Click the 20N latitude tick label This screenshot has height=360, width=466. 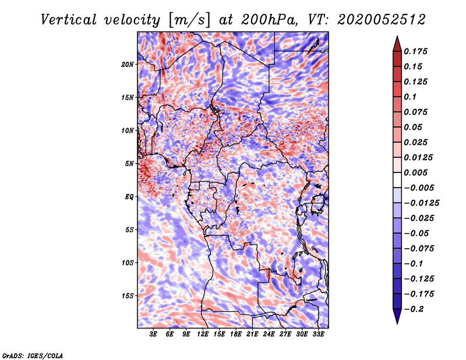pos(128,65)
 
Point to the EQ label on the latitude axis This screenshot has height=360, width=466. pos(129,197)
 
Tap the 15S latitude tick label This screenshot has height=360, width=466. pos(128,296)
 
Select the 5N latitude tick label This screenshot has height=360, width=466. pos(129,164)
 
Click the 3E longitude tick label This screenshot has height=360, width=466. pos(153,334)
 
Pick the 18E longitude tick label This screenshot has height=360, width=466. pos(236,334)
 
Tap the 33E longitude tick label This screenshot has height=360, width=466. pos(318,334)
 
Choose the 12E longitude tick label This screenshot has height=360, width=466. pos(203,334)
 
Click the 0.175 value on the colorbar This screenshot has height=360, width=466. pos(415,51)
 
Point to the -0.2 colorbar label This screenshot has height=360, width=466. pos(414,309)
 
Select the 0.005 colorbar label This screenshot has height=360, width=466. pos(415,172)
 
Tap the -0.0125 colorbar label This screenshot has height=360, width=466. pos(421,203)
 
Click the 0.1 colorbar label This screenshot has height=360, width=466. pos(410,97)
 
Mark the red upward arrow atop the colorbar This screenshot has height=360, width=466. pos(397,44)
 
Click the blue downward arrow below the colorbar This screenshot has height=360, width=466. pos(397,316)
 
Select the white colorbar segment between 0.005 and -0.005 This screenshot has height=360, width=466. pos(397,180)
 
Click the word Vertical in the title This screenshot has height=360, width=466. pos(69,20)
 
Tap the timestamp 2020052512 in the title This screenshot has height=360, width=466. pos(382,20)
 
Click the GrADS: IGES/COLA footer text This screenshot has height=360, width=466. pos(33,356)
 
